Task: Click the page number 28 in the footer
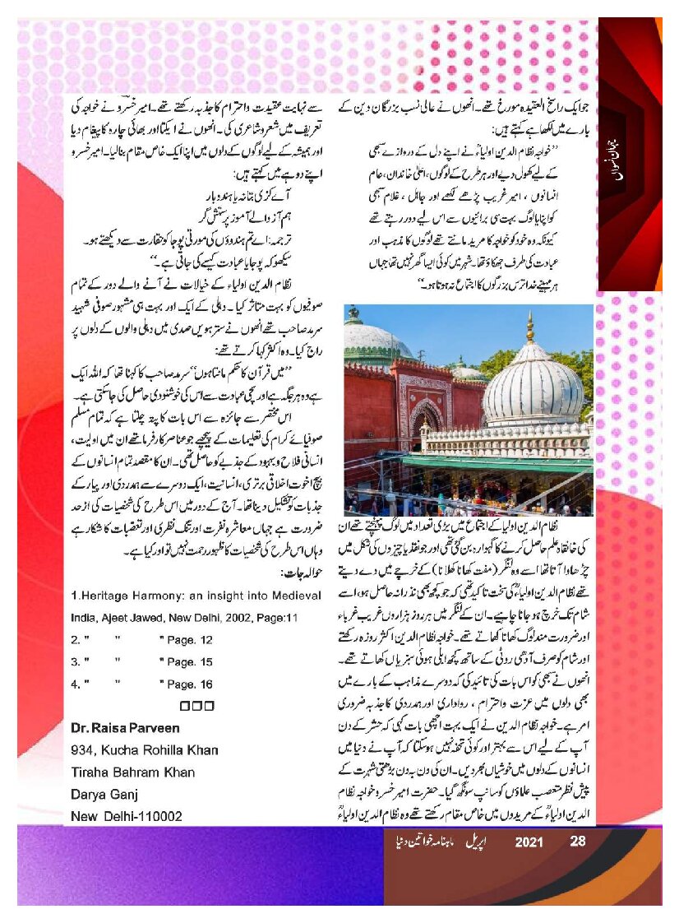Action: (x=577, y=842)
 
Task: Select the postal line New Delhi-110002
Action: (x=127, y=817)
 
